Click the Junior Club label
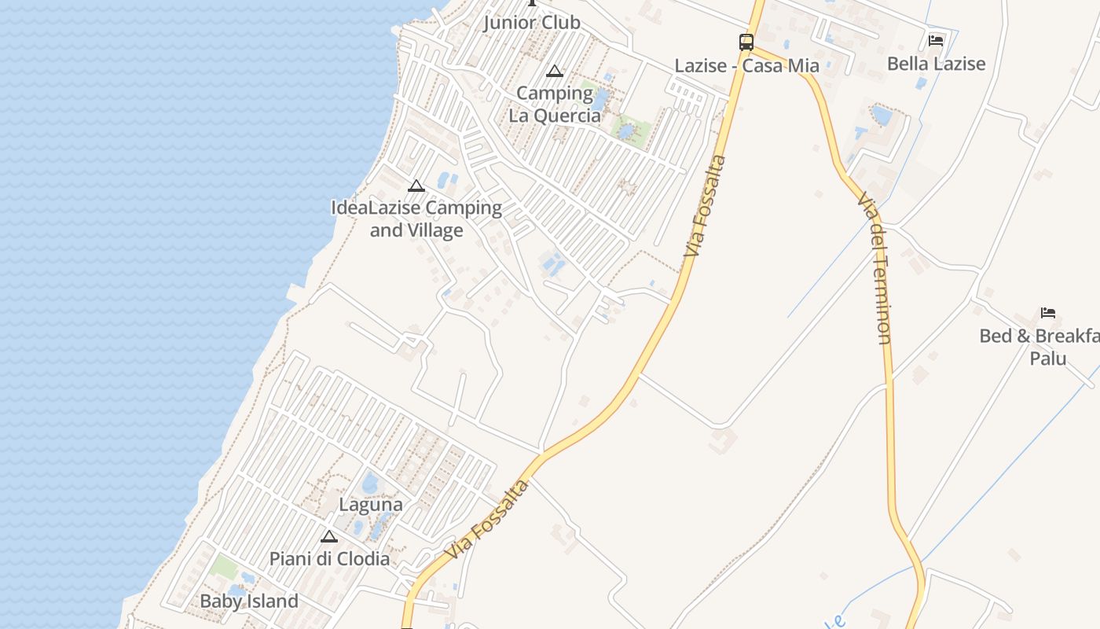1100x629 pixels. (531, 22)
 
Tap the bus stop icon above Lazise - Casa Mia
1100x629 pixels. (746, 42)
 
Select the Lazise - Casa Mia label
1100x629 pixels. (746, 65)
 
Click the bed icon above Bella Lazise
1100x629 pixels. (935, 40)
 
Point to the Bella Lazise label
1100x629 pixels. (936, 63)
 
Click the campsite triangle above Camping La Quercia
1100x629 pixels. (555, 72)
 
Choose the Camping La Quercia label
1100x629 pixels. (555, 105)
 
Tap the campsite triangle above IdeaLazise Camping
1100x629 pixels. (416, 186)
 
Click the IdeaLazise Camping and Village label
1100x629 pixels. (416, 219)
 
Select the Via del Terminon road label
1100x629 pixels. (874, 267)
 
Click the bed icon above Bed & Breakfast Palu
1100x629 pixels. (1048, 313)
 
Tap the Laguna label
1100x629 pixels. (371, 505)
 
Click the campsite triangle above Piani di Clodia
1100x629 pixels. (329, 537)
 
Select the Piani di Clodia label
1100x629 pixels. (329, 559)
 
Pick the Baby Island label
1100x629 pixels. (249, 601)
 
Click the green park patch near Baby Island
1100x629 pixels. (225, 566)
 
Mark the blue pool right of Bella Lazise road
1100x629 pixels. (882, 116)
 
